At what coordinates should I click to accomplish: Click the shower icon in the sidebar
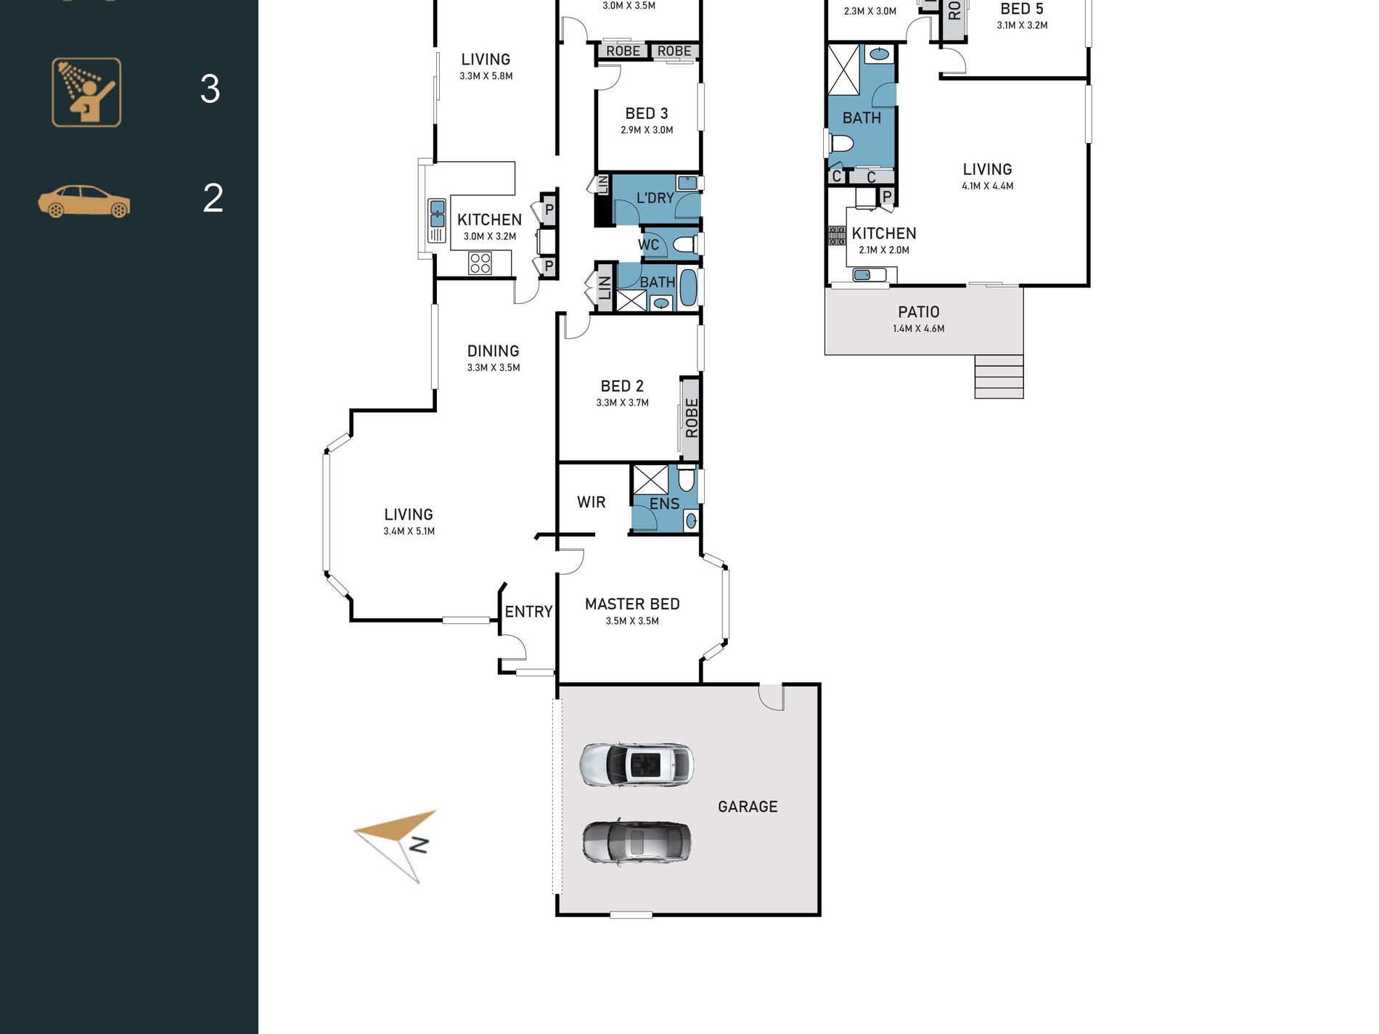point(86,92)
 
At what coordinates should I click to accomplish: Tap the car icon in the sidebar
point(84,201)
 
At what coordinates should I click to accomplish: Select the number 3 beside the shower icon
point(210,89)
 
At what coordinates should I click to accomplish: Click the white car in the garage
point(637,765)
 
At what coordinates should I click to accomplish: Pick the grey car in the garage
point(637,842)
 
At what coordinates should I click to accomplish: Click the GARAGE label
point(748,807)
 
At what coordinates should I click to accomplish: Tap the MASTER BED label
point(632,604)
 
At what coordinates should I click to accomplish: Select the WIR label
point(591,502)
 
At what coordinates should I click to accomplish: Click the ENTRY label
point(528,612)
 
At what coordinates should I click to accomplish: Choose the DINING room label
point(493,351)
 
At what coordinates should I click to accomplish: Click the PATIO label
point(919,312)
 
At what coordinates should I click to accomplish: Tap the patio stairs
point(999,377)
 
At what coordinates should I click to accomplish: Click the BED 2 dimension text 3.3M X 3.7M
point(623,403)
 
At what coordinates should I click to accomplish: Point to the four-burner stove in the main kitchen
point(480,263)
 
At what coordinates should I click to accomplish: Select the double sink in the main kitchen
point(437,221)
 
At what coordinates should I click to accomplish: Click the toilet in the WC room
point(684,245)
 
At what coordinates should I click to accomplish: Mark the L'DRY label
point(655,198)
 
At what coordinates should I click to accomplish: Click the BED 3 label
point(647,114)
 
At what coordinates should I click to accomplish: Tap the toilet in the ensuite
point(687,479)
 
